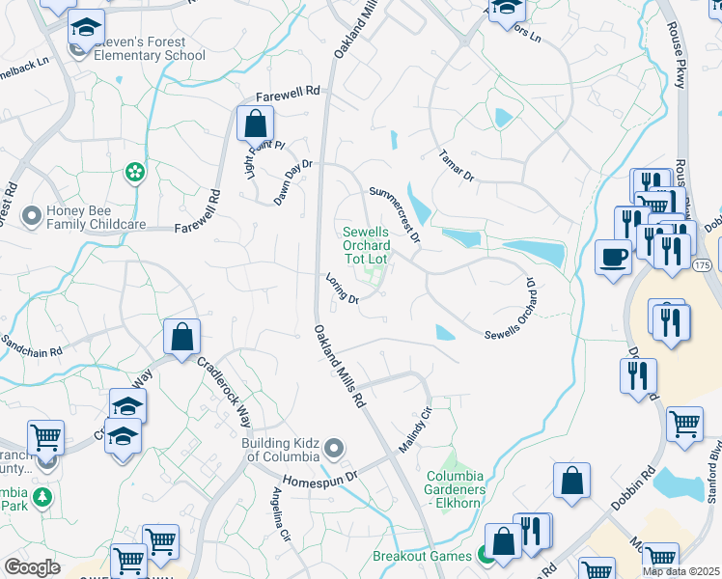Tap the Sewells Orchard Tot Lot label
pyautogui.click(x=367, y=245)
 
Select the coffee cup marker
pyautogui.click(x=613, y=257)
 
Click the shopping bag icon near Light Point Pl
pyautogui.click(x=255, y=124)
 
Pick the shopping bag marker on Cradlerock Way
pyautogui.click(x=181, y=338)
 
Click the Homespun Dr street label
pyautogui.click(x=320, y=477)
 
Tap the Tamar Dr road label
pyautogui.click(x=457, y=165)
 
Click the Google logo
pyautogui.click(x=32, y=567)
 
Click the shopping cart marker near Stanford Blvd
pyautogui.click(x=684, y=424)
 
